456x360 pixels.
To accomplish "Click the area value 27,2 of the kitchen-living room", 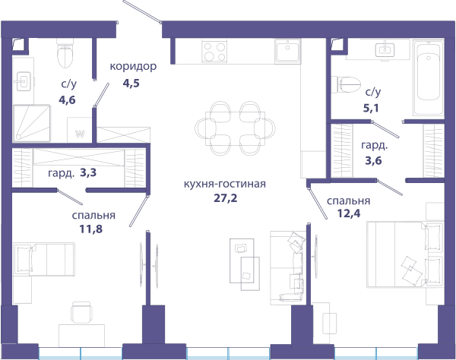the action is point(226,198).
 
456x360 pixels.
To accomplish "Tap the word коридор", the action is point(133,67).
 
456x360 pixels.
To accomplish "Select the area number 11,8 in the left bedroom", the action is point(91,229).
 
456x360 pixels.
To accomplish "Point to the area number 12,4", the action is point(349,213).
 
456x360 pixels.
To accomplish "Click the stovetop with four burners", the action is point(214,52).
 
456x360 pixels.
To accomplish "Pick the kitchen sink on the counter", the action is point(287,51).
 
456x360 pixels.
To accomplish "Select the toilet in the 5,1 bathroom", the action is point(346,84).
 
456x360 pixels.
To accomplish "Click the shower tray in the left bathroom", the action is point(32,124).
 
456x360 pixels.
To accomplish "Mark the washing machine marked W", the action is point(79,130).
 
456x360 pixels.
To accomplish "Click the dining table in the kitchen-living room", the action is point(236,128).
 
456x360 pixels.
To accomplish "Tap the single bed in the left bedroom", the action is point(44,260).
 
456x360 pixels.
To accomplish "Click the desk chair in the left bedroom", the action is point(82,312).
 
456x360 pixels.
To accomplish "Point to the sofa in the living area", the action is point(288,267).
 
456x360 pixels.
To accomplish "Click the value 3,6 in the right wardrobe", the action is point(373,160).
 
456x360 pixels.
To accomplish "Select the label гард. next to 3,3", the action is point(61,173).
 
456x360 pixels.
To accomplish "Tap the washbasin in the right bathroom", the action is point(385,49).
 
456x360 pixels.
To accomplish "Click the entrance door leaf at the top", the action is point(142,11).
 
